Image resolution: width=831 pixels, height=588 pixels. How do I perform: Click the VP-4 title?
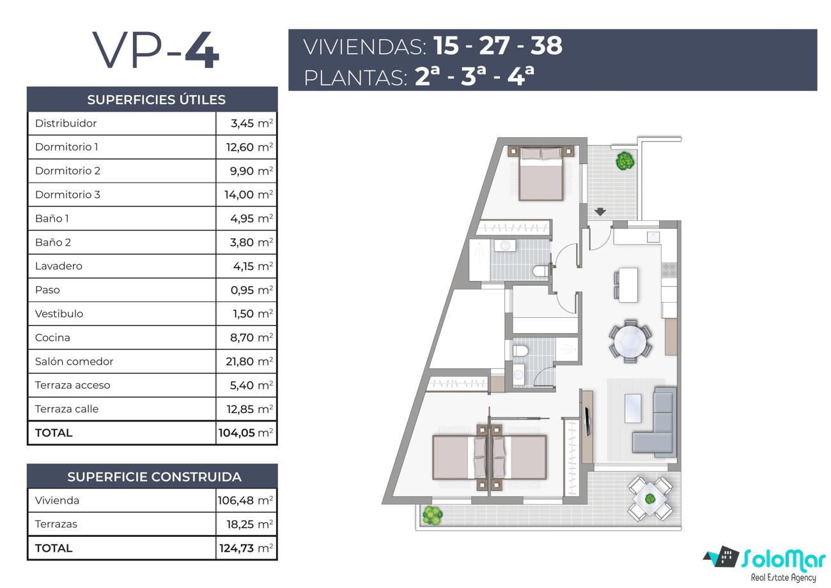(156, 50)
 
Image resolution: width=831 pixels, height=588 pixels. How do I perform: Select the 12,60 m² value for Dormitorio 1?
(249, 147)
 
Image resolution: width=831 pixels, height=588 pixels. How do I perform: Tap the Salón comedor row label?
(74, 361)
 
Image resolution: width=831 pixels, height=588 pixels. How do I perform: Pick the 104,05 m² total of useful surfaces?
(245, 432)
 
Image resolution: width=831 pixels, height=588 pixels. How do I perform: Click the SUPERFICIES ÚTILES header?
(156, 100)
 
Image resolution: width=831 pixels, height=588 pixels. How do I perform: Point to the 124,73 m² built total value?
(246, 548)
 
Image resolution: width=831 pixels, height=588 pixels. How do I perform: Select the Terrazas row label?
(56, 524)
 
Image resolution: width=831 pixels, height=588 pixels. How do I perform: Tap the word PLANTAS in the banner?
(355, 78)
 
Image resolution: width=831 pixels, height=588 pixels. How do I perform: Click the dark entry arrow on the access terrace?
(600, 211)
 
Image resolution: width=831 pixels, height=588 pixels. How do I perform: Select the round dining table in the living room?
(630, 341)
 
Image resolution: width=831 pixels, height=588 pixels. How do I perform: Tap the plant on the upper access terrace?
(625, 161)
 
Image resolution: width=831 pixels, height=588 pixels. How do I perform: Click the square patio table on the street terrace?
(649, 499)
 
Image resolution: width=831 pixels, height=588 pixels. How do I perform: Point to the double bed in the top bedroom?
(541, 174)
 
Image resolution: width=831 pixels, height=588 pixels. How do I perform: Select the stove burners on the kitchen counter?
(669, 269)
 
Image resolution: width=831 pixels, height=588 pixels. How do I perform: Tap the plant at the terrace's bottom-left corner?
(432, 515)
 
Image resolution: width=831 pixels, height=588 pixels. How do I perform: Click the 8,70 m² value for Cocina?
(251, 338)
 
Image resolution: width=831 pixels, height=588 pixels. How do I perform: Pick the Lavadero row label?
(59, 266)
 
